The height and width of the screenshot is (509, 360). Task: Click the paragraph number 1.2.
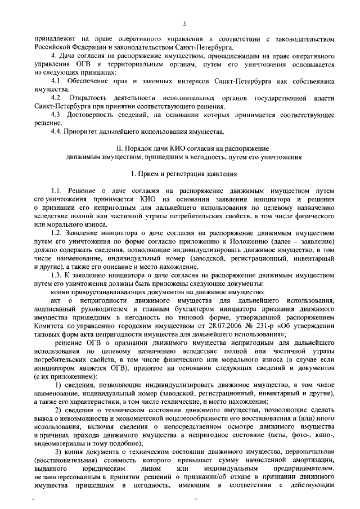[x=58, y=232]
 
